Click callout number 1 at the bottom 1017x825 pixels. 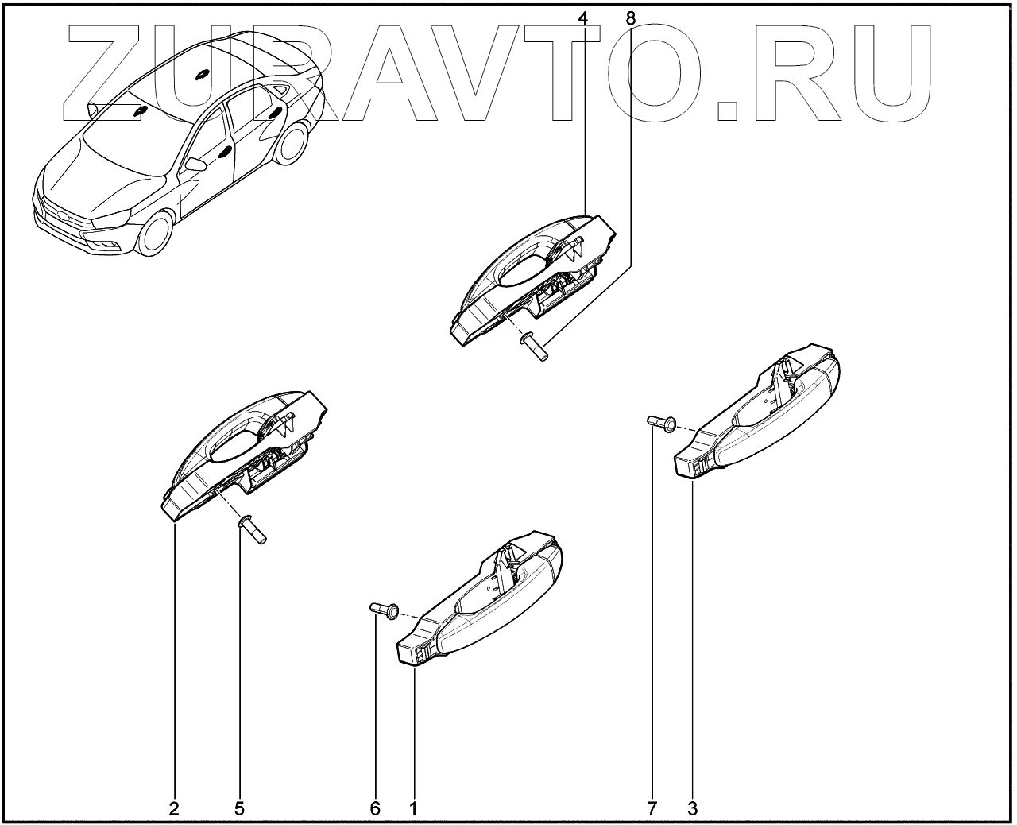413,809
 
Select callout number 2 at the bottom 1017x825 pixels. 174,809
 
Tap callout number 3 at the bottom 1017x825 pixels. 693,809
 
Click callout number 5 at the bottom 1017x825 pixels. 239,809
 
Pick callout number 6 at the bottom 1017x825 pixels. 375,809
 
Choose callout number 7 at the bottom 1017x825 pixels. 652,809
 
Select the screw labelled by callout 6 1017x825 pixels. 386,610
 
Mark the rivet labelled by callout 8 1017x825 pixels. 535,347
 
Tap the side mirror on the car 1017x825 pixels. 194,165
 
